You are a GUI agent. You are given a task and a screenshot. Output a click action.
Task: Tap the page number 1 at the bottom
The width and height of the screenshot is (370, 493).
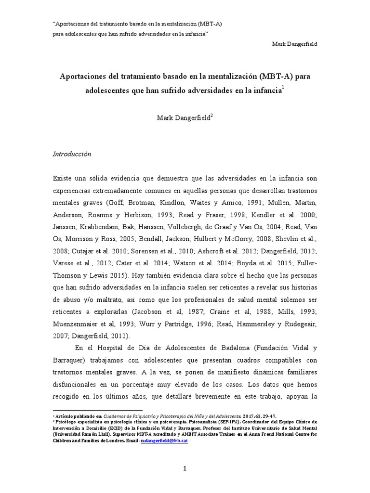point(185,455)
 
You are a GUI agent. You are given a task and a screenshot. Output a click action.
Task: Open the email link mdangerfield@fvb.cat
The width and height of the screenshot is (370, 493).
point(164,441)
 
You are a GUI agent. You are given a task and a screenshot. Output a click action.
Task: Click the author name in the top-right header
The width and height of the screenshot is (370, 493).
point(295,44)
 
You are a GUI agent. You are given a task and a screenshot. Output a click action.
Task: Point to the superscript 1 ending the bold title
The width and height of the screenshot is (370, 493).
point(283,87)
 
